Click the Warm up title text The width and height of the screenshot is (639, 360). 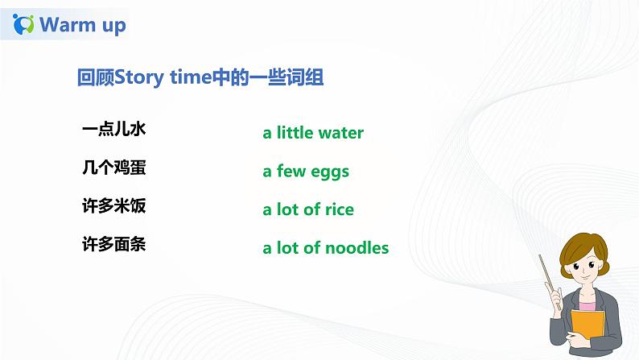point(83,25)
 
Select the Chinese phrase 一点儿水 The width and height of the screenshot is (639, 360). point(113,129)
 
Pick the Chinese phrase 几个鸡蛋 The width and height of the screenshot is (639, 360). point(113,168)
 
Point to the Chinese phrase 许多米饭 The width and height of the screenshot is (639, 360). point(113,205)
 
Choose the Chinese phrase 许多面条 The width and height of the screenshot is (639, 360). point(113,243)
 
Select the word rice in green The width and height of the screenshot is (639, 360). point(339,209)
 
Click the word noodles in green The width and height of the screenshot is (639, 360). point(357,248)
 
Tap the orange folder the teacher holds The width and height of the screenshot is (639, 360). point(587,330)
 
